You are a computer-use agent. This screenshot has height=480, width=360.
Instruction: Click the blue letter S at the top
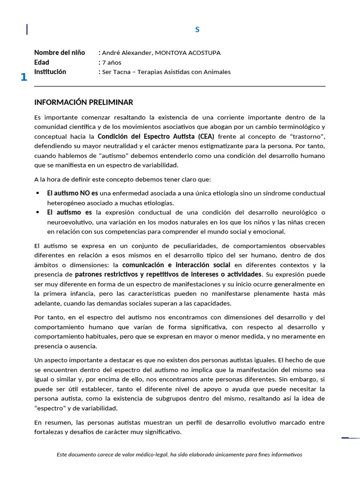click(x=197, y=30)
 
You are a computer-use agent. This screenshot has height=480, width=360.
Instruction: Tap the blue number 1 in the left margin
click(x=23, y=77)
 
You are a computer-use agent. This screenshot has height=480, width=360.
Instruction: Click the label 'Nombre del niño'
click(x=60, y=52)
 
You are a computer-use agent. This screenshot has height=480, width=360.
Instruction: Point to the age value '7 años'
click(x=112, y=62)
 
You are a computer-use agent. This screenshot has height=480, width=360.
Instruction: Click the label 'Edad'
click(x=42, y=62)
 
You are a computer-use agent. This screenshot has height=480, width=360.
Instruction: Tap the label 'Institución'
click(x=50, y=72)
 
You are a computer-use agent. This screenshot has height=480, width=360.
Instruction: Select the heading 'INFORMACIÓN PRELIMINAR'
click(x=83, y=102)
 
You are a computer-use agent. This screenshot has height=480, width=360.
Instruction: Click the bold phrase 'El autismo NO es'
click(x=72, y=193)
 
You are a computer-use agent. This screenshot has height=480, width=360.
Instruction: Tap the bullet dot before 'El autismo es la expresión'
click(x=37, y=212)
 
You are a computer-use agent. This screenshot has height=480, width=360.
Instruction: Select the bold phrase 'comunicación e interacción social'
click(x=176, y=265)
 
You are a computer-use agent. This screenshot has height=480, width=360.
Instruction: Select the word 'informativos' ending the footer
click(x=287, y=454)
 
